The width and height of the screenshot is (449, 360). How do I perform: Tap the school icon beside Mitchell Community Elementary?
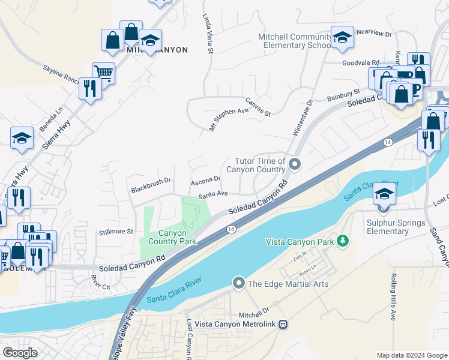pos(342,38)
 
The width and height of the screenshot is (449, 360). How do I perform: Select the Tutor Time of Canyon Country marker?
pos(294,163)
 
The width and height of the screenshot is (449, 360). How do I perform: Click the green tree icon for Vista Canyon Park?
pos(343,241)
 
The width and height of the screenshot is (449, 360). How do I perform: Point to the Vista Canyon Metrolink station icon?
pos(283,324)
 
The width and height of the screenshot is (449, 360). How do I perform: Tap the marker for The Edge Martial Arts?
pos(239,283)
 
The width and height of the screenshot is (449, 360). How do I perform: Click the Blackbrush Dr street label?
pos(151,185)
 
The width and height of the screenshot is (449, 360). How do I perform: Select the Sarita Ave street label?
pos(213,194)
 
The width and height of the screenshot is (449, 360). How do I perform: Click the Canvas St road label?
pos(258,107)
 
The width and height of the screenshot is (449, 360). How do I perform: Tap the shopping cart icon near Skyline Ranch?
pos(103,73)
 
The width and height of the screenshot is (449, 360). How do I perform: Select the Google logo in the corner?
pos(20,353)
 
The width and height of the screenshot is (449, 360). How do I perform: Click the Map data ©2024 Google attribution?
pos(411,355)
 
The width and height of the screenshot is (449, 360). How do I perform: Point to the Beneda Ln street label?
pos(52,120)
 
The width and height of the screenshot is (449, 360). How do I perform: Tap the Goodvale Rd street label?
pos(360,62)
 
